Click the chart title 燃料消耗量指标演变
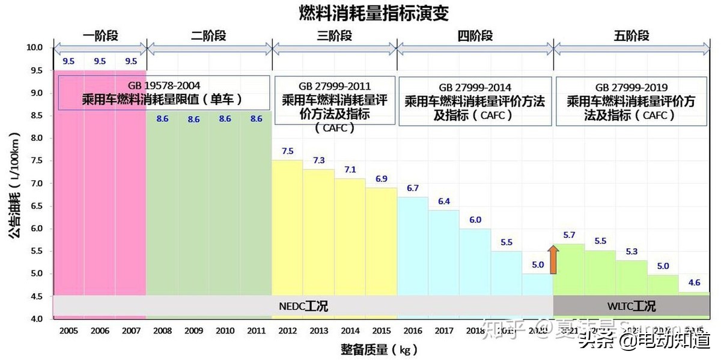pyautogui.click(x=374, y=13)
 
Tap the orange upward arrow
pyautogui.click(x=553, y=259)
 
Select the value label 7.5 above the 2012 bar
pyautogui.click(x=288, y=151)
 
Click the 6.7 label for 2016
pyautogui.click(x=413, y=188)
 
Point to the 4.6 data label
pyautogui.click(x=694, y=282)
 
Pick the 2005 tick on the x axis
pyautogui.click(x=68, y=331)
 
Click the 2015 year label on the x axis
pyautogui.click(x=382, y=331)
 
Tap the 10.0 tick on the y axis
pyautogui.click(x=34, y=47)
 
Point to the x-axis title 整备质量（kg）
pyautogui.click(x=372, y=349)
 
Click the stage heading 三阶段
pyautogui.click(x=334, y=35)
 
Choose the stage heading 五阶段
pyautogui.click(x=631, y=35)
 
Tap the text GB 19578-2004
pyautogui.click(x=164, y=86)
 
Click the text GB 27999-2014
pyautogui.click(x=475, y=88)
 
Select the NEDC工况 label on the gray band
pyautogui.click(x=303, y=306)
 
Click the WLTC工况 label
pyautogui.click(x=631, y=306)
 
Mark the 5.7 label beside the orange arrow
pyautogui.click(x=570, y=235)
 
